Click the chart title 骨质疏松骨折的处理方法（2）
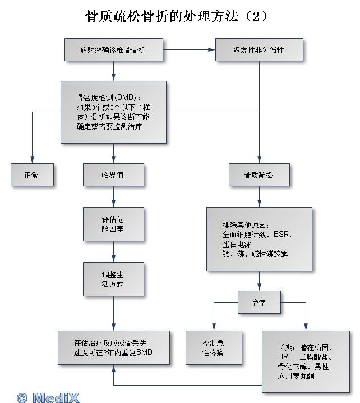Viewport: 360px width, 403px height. click(176, 16)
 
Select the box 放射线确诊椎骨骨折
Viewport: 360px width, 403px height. click(113, 50)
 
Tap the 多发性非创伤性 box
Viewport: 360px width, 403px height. click(259, 50)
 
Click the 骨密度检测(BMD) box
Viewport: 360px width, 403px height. click(113, 111)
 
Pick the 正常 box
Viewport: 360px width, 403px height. click(31, 175)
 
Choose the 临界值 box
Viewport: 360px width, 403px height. click(113, 175)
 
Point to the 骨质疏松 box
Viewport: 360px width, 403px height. click(259, 175)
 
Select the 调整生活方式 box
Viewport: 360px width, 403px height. click(113, 280)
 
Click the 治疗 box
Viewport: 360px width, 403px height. click(259, 303)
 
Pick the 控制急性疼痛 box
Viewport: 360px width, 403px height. click(214, 347)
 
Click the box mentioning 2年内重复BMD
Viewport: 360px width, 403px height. click(113, 347)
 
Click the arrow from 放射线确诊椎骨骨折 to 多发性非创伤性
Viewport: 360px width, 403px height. click(190, 50)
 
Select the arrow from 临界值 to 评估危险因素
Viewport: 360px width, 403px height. click(113, 197)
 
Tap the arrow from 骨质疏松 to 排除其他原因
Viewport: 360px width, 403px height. click(259, 197)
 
